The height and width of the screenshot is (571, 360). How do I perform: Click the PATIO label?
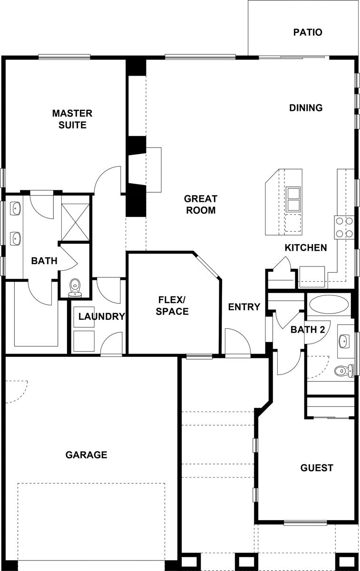tap(308, 32)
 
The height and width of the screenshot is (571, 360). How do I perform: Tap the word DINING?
tap(306, 108)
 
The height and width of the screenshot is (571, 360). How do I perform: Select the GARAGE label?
tap(87, 455)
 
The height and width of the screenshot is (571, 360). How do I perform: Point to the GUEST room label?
tap(317, 468)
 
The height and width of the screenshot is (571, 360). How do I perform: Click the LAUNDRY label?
tap(102, 316)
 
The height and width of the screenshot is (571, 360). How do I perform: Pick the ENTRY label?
tap(244, 307)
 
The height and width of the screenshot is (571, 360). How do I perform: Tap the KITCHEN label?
tap(306, 247)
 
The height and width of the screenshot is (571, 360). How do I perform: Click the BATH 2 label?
tap(308, 330)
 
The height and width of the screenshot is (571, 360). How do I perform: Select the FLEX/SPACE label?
tap(172, 305)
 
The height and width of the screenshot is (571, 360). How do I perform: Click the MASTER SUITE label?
tap(72, 119)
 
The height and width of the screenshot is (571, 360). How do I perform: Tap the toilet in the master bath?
tap(75, 288)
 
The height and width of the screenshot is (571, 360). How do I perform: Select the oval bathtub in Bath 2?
tap(329, 305)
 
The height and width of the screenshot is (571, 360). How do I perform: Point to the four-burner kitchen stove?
tap(344, 227)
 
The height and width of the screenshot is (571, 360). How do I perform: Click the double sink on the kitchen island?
tap(293, 199)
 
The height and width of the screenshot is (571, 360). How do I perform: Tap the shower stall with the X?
tap(76, 222)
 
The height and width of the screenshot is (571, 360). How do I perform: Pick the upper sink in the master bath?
tap(16, 208)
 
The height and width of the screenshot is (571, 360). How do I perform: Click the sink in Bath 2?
tap(343, 341)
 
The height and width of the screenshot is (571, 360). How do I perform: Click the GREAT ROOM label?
tap(201, 205)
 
